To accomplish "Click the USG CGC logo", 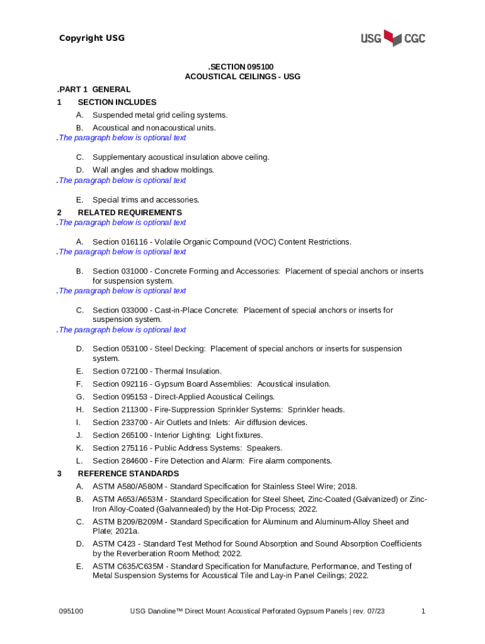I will tap(392, 38).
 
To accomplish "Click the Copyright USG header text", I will tap(92, 38).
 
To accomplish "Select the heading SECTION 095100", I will tap(243, 66).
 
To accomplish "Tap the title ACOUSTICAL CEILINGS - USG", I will tap(243, 77).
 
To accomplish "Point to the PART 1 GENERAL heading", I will tap(94, 89).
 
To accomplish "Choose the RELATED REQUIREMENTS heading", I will tap(129, 213).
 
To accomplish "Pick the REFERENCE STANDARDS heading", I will tap(128, 474).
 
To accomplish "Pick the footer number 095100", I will tap(71, 611).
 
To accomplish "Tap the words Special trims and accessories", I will tap(145, 200).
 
